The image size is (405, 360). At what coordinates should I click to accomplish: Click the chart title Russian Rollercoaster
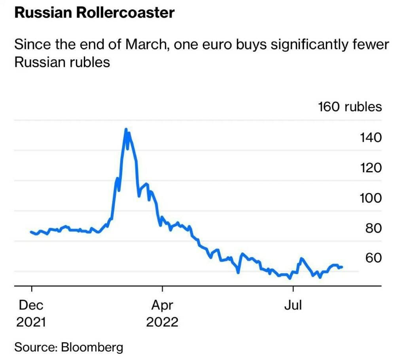tap(94, 13)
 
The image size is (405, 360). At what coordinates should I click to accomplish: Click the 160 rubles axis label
tap(350, 107)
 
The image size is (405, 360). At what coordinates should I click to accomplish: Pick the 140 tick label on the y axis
tap(370, 138)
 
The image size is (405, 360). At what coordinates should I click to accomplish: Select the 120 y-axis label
tap(370, 168)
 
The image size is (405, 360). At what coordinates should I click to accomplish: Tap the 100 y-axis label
tap(370, 198)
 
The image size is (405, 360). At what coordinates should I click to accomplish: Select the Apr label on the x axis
tap(162, 305)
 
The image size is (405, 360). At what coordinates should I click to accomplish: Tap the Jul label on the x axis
tap(293, 305)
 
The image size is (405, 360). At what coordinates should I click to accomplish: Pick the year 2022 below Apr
tap(162, 322)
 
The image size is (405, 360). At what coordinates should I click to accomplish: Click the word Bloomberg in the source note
tap(92, 347)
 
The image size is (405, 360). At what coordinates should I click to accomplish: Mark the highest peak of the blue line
tap(126, 129)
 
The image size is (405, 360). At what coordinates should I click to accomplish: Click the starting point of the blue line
tap(31, 232)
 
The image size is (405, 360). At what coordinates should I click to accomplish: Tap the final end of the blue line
tap(342, 267)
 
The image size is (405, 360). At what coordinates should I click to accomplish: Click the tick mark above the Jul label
tap(293, 289)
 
